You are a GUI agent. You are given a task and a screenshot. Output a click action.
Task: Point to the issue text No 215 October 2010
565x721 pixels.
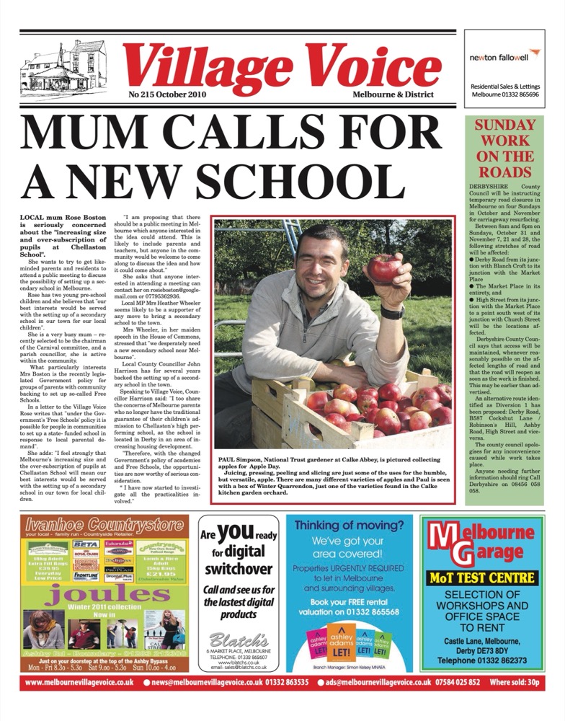pyautogui.click(x=167, y=94)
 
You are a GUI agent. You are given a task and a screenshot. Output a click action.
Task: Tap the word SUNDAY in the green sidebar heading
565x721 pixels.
pyautogui.click(x=504, y=125)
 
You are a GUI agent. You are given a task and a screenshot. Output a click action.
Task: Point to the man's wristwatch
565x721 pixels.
pyautogui.click(x=393, y=312)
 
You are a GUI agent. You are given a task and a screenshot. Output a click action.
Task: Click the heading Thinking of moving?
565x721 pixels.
pyautogui.click(x=350, y=525)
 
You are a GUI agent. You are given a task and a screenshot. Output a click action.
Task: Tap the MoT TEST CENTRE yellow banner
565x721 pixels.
pyautogui.click(x=482, y=577)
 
